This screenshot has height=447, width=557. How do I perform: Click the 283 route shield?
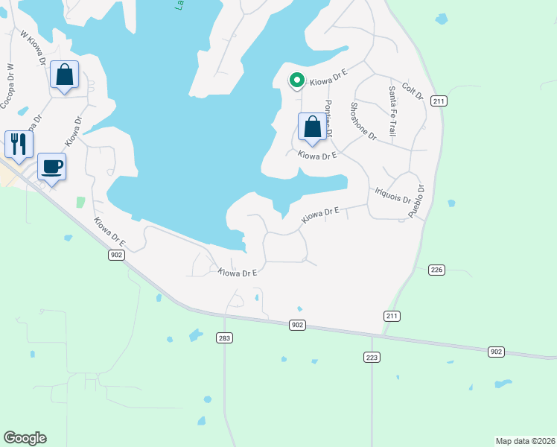tap(224, 338)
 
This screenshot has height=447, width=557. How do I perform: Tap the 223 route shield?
tap(372, 358)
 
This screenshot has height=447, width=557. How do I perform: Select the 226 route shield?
tap(436, 270)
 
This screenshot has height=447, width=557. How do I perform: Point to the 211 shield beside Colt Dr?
tap(439, 101)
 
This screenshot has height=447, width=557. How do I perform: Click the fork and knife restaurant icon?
tap(19, 143)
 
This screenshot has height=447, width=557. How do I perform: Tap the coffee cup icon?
tap(51, 166)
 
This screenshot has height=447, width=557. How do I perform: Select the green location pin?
tap(296, 80)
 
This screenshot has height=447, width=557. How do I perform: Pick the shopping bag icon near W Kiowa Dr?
tap(65, 74)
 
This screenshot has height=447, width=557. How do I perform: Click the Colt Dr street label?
tap(412, 91)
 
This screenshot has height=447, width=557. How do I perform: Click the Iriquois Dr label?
tap(393, 195)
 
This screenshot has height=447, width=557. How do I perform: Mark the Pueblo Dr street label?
tap(415, 201)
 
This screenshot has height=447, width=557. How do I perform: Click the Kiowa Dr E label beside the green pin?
tap(328, 76)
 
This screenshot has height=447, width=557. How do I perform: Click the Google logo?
tap(25, 438)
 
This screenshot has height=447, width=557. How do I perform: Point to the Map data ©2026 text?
tap(526, 440)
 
